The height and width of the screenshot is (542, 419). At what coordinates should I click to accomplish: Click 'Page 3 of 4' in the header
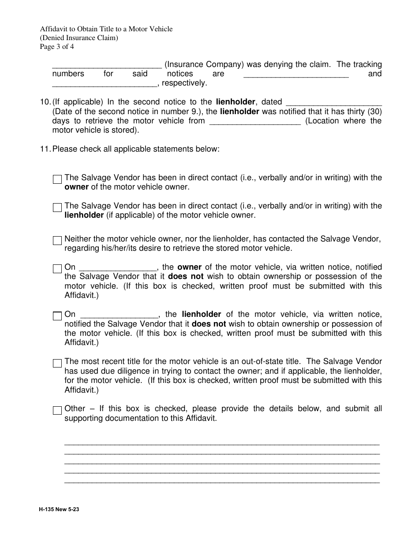(x=57, y=47)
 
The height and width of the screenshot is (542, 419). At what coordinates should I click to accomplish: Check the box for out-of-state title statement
(x=57, y=364)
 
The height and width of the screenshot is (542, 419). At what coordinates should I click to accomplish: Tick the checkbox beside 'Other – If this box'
(x=57, y=411)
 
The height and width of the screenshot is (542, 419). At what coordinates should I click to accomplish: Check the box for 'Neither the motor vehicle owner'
(x=57, y=241)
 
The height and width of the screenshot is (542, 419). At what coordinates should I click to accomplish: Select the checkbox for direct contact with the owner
(x=57, y=179)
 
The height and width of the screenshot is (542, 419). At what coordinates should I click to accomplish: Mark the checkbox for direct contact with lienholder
(x=57, y=208)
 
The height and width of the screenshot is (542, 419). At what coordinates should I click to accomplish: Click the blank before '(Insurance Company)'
(x=107, y=65)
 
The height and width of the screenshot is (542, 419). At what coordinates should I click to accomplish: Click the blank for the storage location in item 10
(x=254, y=121)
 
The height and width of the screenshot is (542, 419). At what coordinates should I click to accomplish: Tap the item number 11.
(x=45, y=149)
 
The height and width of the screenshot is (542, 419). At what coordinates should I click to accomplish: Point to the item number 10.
(x=45, y=102)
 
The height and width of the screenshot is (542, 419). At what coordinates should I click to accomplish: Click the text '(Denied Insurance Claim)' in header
(x=79, y=38)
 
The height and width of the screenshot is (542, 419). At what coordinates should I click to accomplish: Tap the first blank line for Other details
(x=222, y=442)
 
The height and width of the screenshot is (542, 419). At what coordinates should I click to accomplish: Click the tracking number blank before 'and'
(x=296, y=74)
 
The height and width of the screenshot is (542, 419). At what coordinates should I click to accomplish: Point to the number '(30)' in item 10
(x=374, y=112)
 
